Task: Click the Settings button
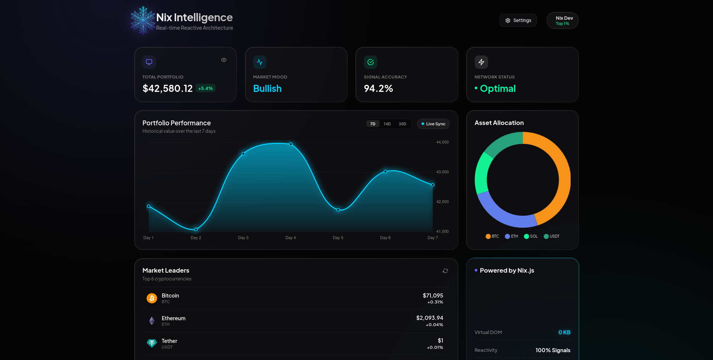point(518,20)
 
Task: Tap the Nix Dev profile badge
point(562,20)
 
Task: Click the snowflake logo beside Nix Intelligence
point(143,20)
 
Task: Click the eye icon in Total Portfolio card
point(224,60)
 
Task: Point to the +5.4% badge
point(205,89)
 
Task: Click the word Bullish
point(267,89)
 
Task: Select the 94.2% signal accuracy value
point(378,89)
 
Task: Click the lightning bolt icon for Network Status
point(481,62)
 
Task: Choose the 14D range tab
point(387,124)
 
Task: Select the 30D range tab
point(402,124)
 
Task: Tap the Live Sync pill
point(433,124)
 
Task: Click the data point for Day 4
point(291,144)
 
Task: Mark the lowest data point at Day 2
point(196,229)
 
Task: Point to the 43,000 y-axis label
point(442,172)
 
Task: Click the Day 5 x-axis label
point(338,238)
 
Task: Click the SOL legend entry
point(530,237)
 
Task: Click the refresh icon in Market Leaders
point(445,271)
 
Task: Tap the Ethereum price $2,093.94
point(429,318)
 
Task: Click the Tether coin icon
point(152,343)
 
